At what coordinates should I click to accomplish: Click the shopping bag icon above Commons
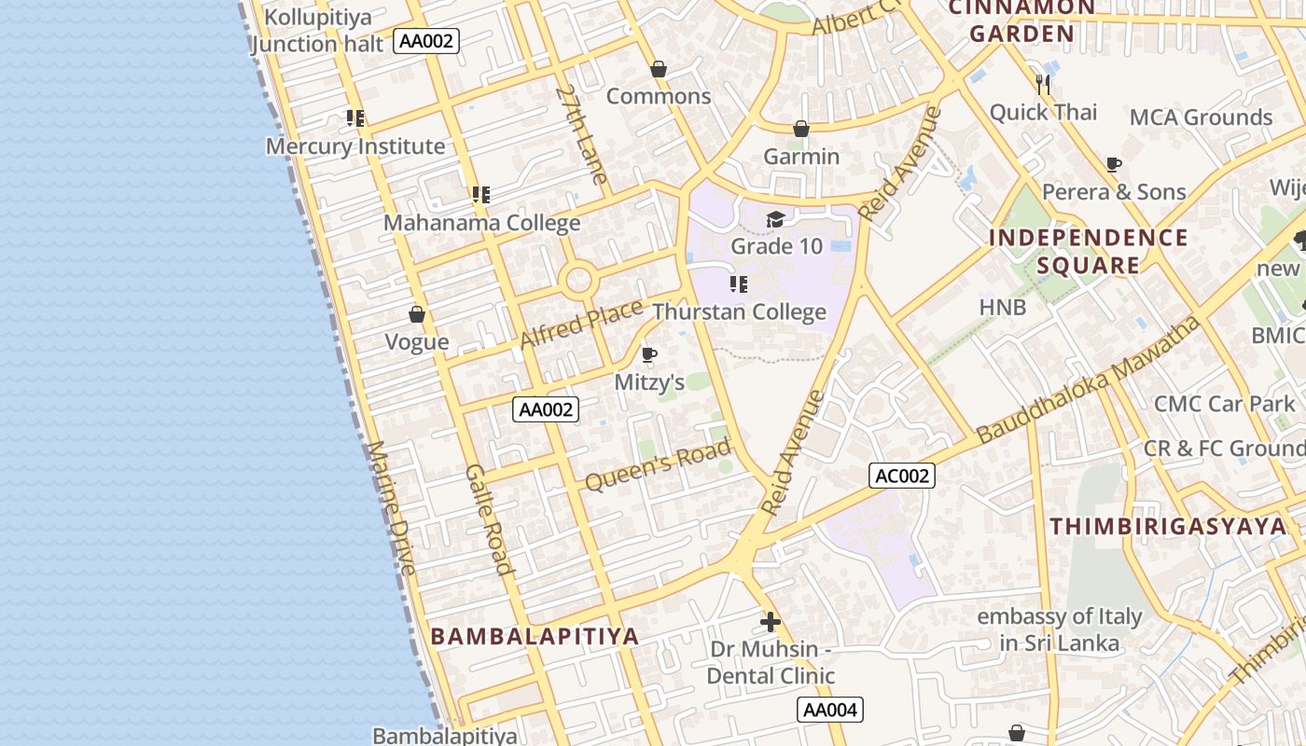click(659, 70)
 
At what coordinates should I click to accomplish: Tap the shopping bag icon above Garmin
click(800, 130)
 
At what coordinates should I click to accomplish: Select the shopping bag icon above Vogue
click(417, 315)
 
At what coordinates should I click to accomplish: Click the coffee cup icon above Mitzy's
click(649, 355)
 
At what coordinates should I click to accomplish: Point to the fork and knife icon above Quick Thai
click(1043, 85)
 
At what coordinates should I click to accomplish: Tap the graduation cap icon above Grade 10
click(775, 220)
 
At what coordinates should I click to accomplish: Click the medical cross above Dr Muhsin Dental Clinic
click(771, 621)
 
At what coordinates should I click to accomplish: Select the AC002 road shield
click(902, 476)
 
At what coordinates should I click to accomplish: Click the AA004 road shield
click(830, 710)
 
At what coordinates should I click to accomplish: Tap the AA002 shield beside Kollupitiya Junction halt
click(426, 41)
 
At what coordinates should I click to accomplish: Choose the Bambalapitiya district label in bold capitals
click(535, 636)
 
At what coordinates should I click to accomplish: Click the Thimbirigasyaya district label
click(1168, 526)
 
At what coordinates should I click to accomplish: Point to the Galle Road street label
click(489, 519)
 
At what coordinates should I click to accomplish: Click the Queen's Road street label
click(658, 465)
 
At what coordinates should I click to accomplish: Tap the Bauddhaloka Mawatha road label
click(1088, 380)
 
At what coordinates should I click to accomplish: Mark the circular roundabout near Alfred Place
click(578, 279)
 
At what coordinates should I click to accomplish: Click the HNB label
click(1003, 307)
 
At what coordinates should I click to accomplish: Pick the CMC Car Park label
click(1225, 404)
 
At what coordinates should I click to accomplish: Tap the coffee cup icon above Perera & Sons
click(1113, 165)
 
